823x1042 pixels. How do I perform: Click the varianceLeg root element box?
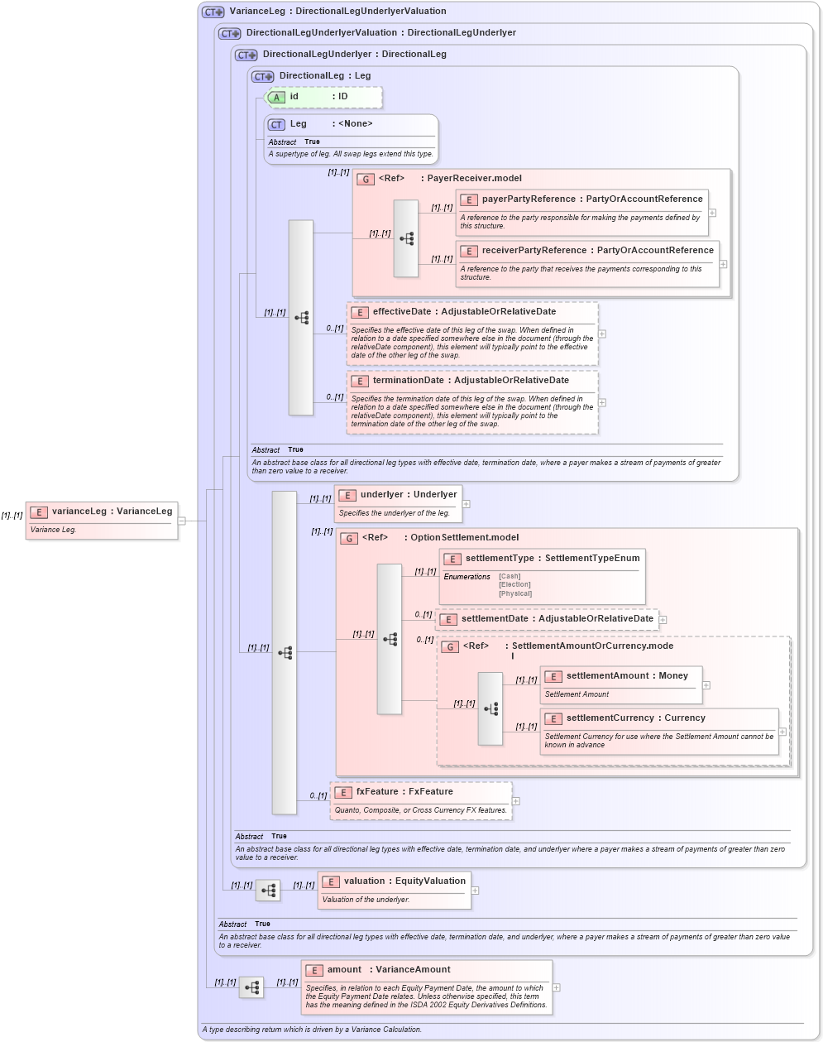[102, 520]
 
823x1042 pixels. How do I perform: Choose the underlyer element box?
[398, 503]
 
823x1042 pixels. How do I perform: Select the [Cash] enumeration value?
[510, 576]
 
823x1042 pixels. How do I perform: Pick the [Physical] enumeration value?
[514, 593]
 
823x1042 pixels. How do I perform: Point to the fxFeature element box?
[421, 800]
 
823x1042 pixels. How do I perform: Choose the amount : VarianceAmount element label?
[388, 970]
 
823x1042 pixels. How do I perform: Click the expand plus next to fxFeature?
[516, 801]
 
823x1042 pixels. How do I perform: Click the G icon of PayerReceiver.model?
[366, 179]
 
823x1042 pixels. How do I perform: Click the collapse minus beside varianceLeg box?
[182, 521]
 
